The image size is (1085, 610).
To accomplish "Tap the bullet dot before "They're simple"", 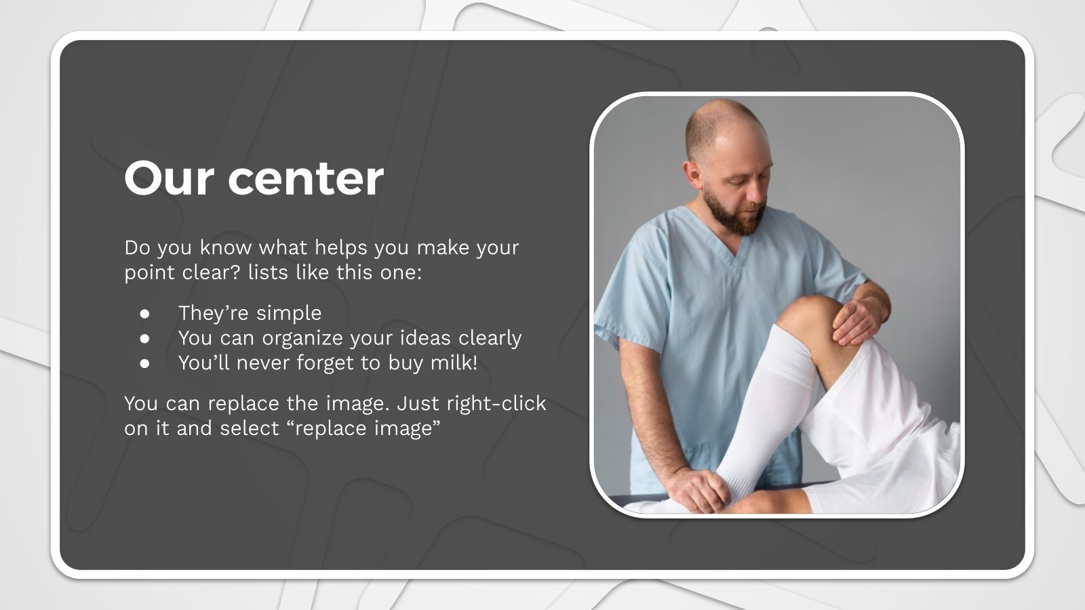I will (144, 314).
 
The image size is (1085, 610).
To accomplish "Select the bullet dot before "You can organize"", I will (144, 338).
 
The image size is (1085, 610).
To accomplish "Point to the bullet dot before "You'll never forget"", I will (144, 363).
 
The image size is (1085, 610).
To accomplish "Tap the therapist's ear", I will (692, 174).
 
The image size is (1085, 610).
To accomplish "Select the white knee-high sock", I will (770, 407).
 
